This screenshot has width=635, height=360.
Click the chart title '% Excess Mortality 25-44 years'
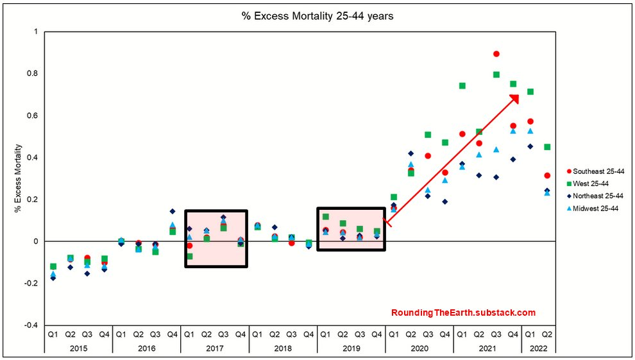coord(317,16)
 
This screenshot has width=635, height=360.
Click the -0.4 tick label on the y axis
coord(31,325)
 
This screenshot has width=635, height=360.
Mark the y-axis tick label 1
coord(36,32)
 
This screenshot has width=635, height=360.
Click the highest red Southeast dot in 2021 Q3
coord(496,54)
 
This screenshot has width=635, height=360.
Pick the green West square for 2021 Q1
coord(462,86)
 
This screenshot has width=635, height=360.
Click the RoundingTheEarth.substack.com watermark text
coord(463,313)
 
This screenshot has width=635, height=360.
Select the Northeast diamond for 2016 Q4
coord(172,211)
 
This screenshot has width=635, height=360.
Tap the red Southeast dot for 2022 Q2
coord(547,175)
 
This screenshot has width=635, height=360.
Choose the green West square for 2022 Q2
coord(547,147)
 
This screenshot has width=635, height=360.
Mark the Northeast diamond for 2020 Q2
coord(411,153)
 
